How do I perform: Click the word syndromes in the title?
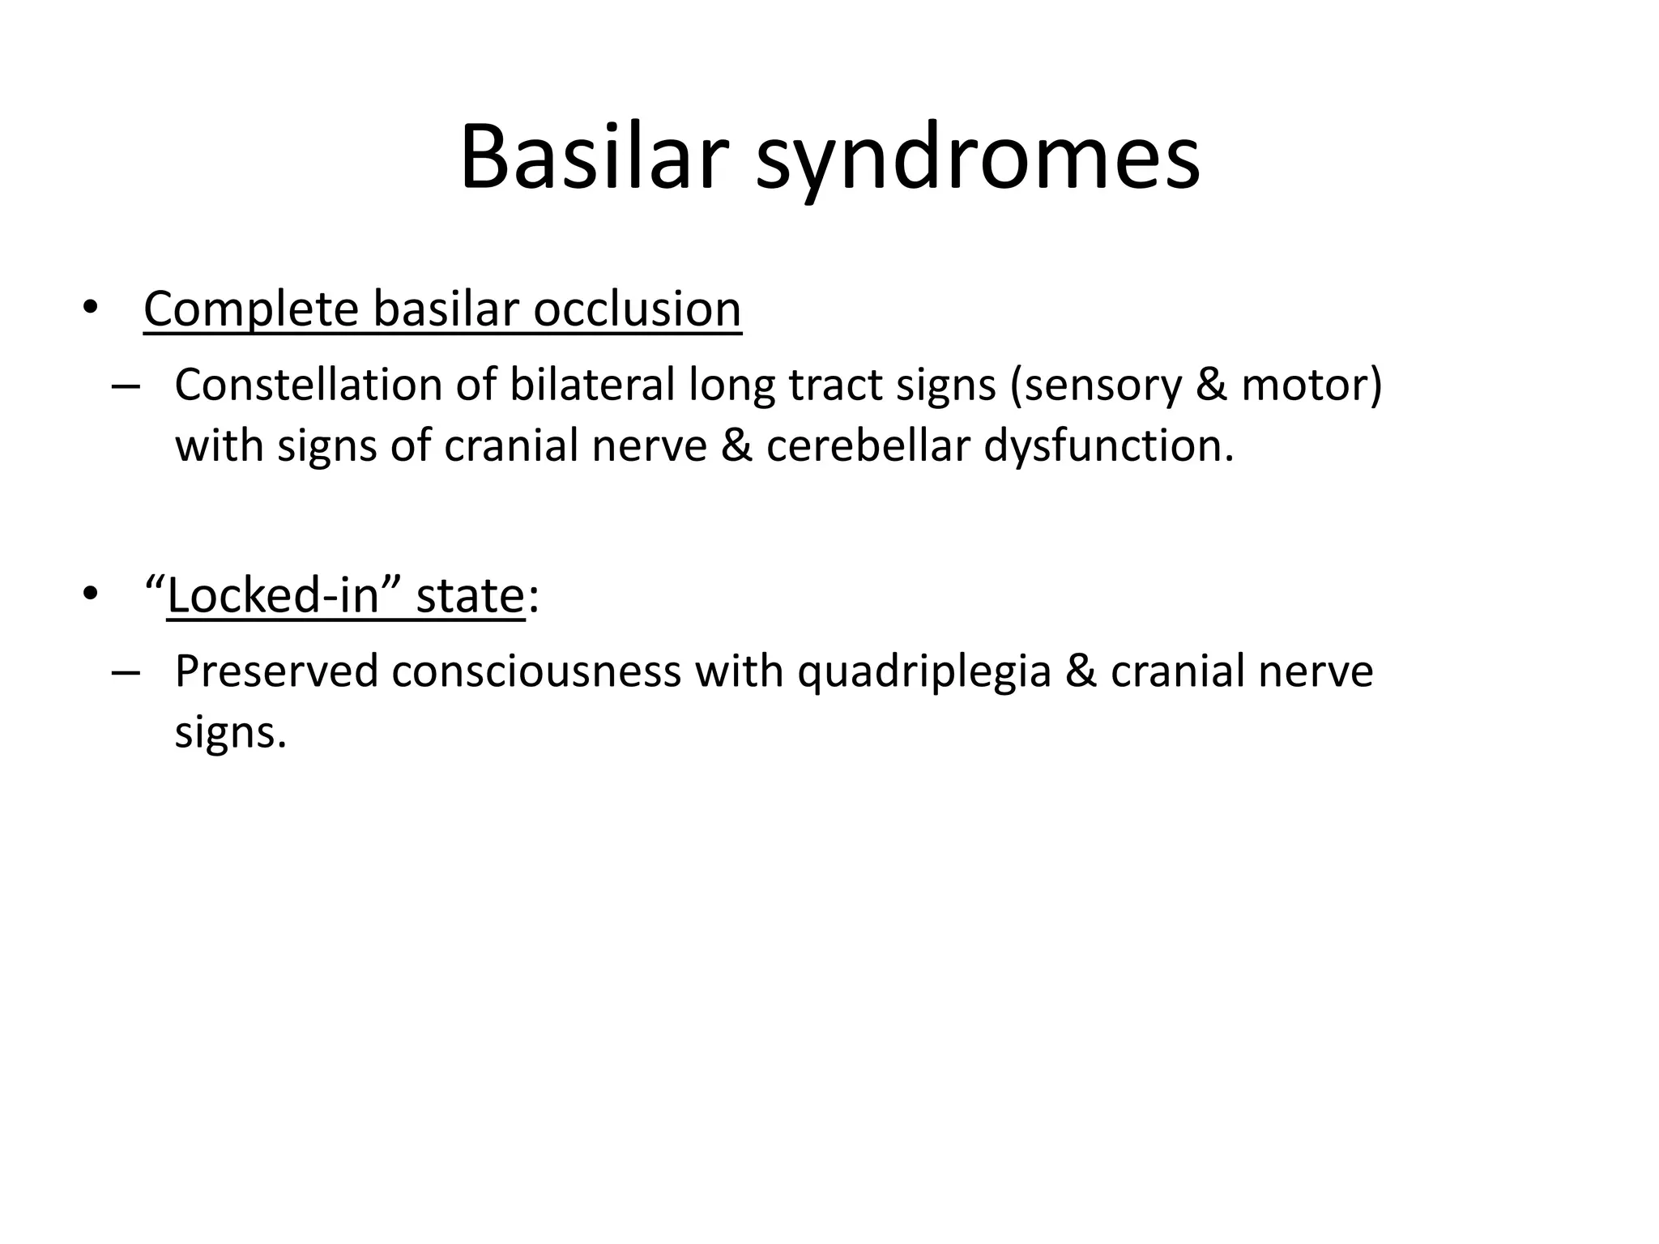[x=978, y=160]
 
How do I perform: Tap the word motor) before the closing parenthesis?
[x=1311, y=385]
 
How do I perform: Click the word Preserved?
[x=276, y=672]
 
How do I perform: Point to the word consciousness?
[x=536, y=672]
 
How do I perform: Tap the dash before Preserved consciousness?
[x=126, y=672]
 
